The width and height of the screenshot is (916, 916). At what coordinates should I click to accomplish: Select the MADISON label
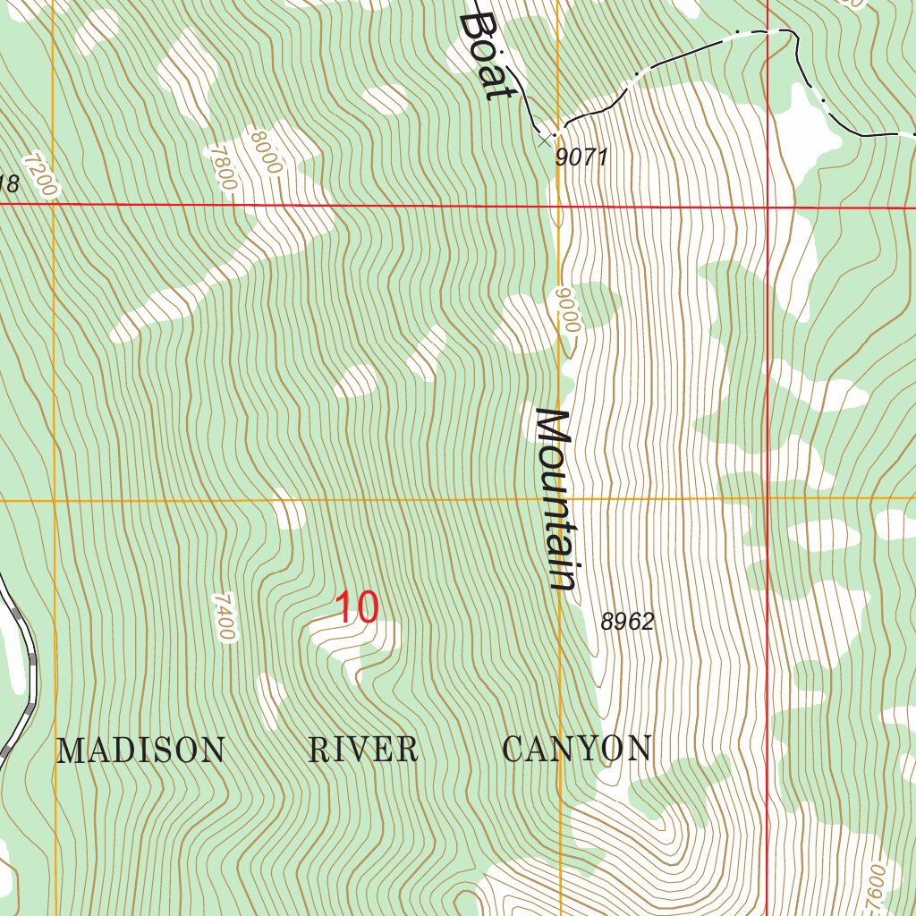140,750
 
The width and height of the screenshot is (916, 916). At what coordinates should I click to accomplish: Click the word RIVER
362,750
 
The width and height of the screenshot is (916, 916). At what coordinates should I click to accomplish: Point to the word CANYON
577,749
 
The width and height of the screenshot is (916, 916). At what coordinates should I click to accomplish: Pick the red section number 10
357,608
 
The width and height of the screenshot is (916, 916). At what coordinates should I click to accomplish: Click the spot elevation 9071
581,158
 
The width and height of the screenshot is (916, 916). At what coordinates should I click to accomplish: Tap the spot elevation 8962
627,622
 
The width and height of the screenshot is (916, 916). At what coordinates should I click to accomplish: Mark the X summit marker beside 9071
545,140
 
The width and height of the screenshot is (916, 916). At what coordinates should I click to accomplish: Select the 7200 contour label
40,175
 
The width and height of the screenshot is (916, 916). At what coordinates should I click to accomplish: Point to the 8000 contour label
267,152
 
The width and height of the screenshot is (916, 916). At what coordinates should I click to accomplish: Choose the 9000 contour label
566,310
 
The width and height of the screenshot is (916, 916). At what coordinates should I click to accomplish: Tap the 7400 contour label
225,616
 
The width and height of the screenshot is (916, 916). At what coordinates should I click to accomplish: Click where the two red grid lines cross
768,208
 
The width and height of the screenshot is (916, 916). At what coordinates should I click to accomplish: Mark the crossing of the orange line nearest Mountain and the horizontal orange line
560,498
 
